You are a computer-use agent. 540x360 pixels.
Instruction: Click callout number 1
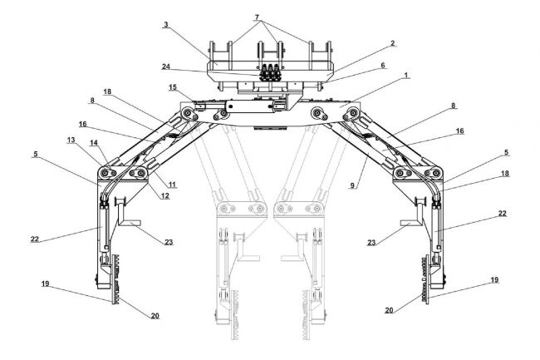[406, 75]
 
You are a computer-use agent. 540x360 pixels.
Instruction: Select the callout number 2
[393, 43]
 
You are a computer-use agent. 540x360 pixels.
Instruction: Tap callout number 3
[166, 24]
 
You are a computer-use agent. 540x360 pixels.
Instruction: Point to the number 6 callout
[383, 65]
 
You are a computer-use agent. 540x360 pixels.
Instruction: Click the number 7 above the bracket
[257, 17]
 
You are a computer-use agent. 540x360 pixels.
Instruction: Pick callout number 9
[352, 185]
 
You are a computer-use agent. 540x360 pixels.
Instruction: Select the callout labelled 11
[173, 185]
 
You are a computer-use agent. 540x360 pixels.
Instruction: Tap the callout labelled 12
[165, 195]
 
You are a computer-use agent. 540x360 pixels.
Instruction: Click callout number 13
[71, 140]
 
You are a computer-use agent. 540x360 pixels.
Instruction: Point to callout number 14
[94, 143]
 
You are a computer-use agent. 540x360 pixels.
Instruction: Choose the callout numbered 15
[173, 87]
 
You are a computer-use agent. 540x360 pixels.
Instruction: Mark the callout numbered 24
[166, 67]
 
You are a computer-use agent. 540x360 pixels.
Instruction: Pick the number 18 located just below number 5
[505, 173]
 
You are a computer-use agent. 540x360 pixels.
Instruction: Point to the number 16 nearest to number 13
[82, 124]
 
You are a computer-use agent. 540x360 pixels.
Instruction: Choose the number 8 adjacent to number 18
[92, 101]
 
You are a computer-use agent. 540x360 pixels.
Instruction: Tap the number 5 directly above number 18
[506, 152]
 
